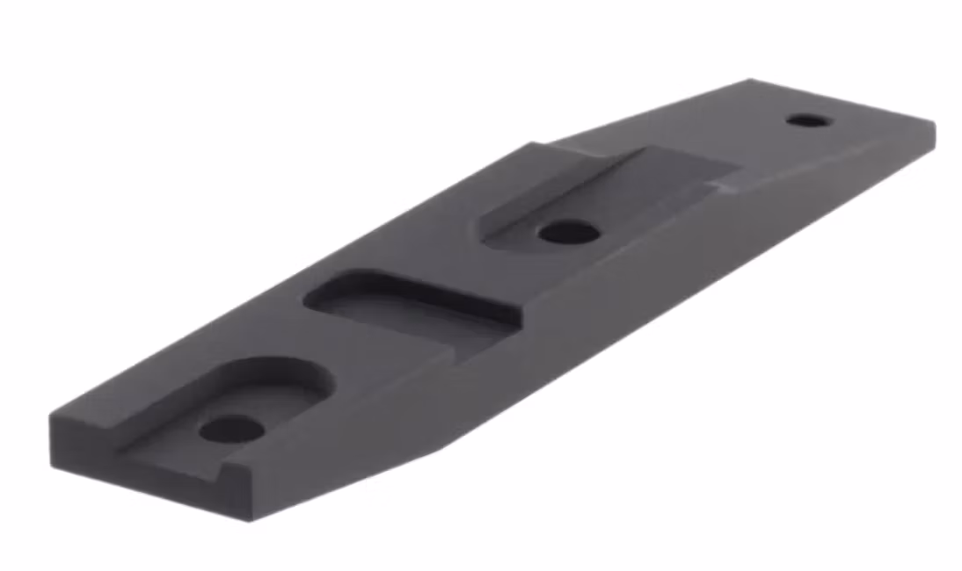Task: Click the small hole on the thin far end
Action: [807, 119]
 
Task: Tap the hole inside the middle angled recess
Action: [568, 233]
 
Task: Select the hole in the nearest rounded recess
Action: [231, 429]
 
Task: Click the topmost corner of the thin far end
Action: [750, 80]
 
